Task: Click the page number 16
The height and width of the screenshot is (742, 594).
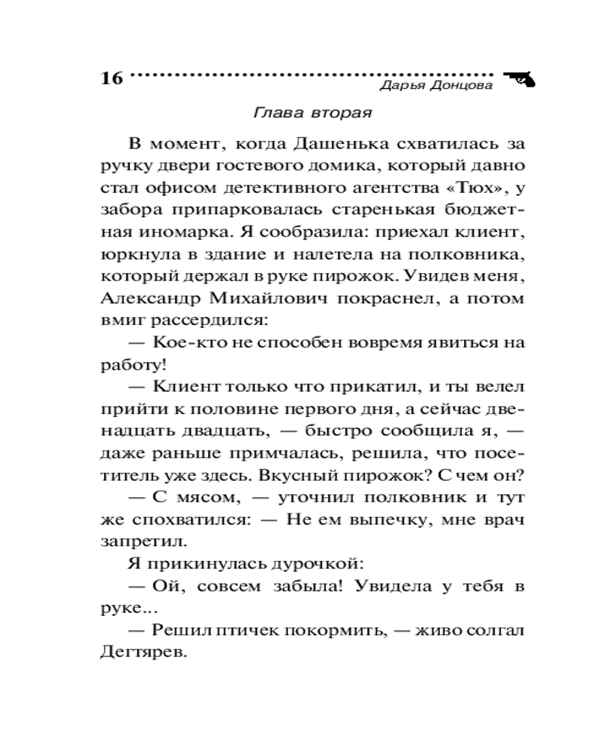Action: coord(111,79)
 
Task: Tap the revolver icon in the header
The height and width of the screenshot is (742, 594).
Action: coord(520,79)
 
